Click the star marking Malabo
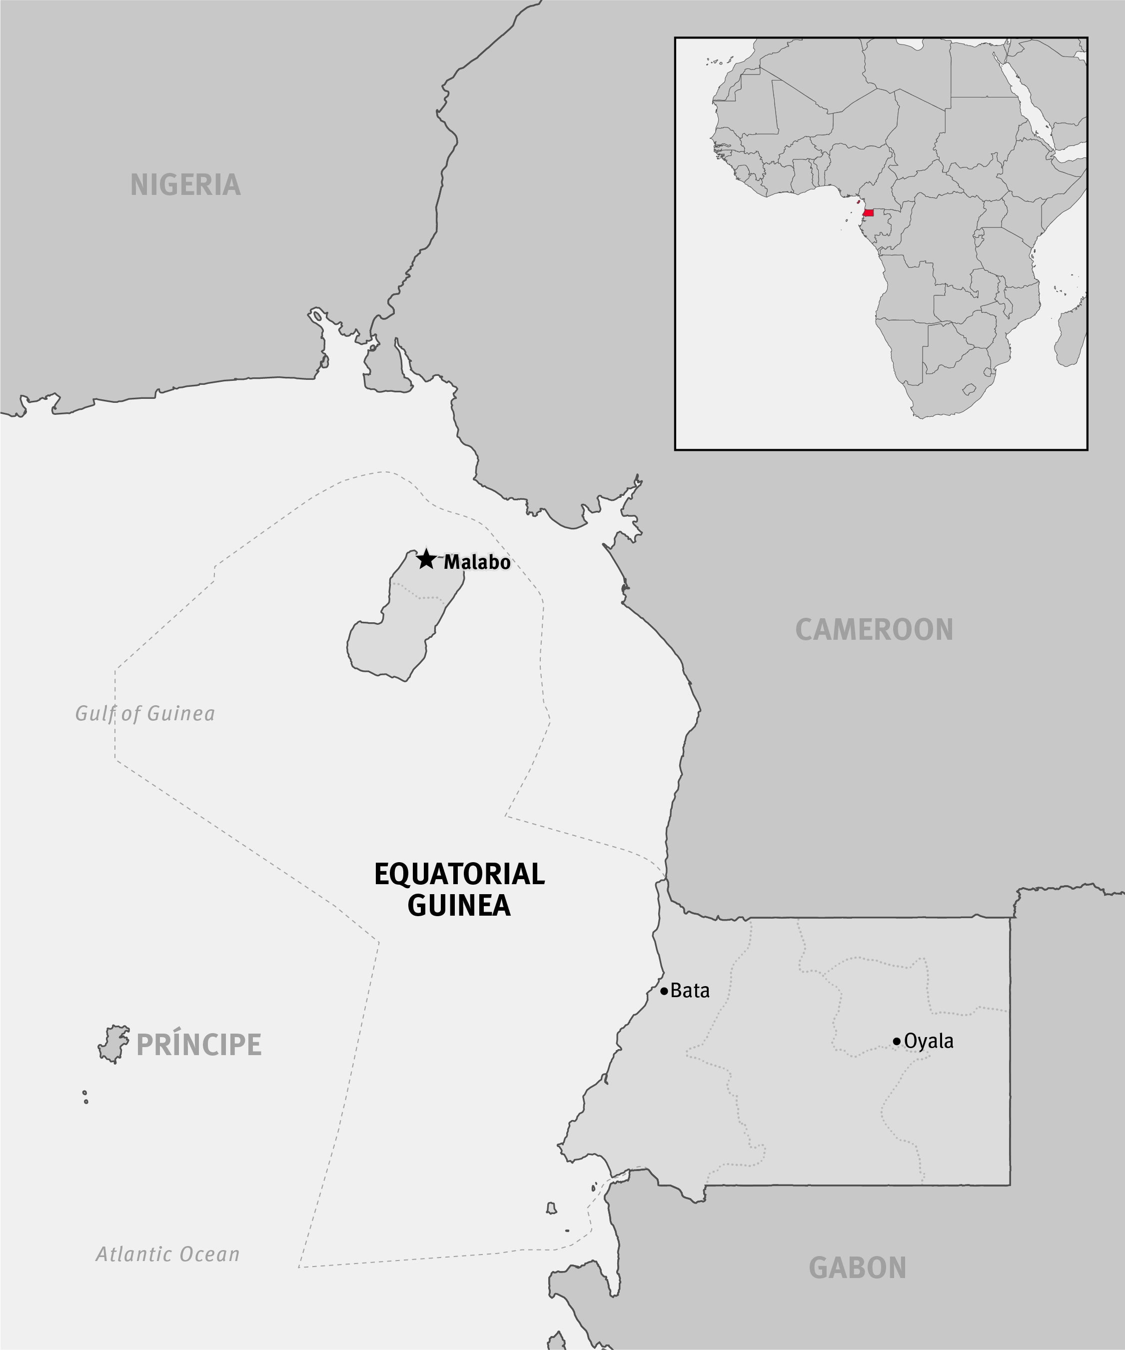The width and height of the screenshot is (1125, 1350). [x=426, y=559]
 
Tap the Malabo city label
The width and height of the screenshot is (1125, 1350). [x=477, y=562]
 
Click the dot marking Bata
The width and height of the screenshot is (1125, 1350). [x=664, y=991]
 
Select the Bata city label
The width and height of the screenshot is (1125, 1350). [x=690, y=991]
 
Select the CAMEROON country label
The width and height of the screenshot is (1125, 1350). [x=874, y=629]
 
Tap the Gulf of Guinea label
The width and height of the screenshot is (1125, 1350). [x=145, y=714]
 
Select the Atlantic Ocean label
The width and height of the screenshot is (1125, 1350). [x=168, y=1254]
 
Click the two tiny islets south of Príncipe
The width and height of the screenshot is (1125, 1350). [x=85, y=1097]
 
